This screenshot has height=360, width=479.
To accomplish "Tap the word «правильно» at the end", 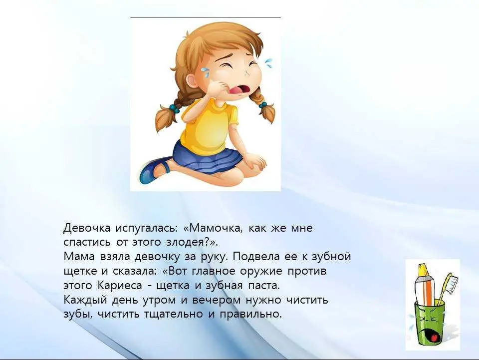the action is (250, 314).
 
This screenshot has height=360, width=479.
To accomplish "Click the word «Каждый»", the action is (85, 300).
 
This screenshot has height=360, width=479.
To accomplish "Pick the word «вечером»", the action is (216, 300).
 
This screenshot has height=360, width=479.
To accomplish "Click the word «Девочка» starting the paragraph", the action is (87, 228).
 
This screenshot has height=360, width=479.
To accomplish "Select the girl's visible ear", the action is (192, 82).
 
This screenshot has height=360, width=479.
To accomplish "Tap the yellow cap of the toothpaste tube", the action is (424, 269).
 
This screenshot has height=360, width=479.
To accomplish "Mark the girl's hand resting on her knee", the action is (255, 161).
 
